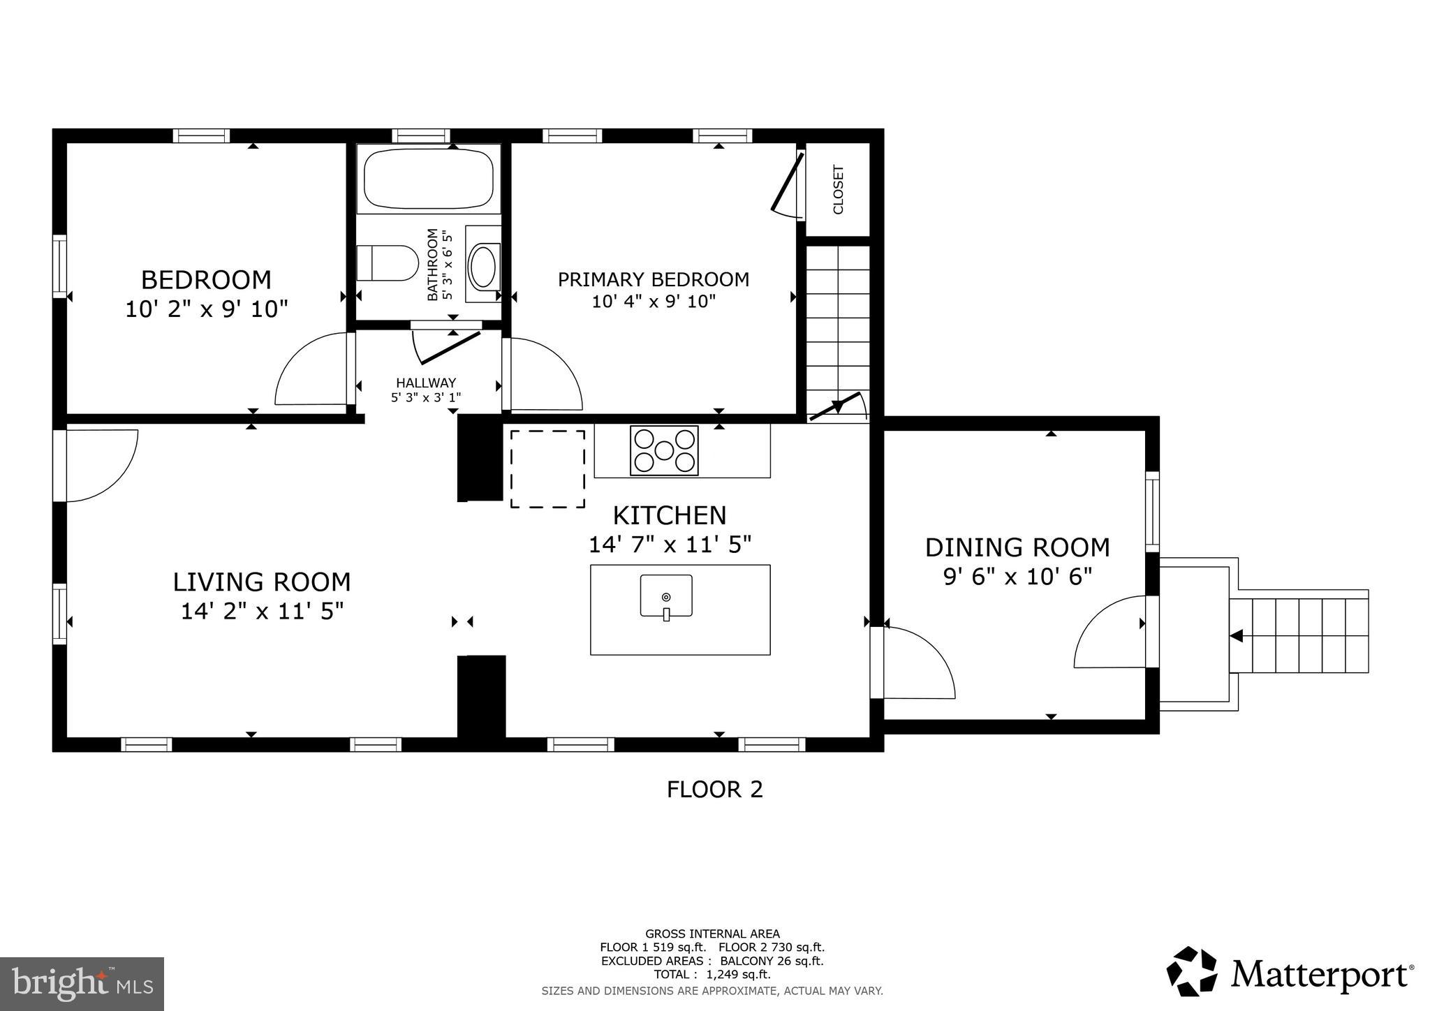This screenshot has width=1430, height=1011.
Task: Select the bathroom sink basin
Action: click(483, 267)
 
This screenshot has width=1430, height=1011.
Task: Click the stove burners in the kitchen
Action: click(664, 451)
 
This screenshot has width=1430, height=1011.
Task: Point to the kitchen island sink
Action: click(666, 596)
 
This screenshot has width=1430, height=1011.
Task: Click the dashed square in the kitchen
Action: click(547, 468)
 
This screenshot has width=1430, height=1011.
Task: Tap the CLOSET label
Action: click(839, 189)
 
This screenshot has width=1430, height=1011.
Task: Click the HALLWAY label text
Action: click(426, 383)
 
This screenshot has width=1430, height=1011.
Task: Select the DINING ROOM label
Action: click(1017, 547)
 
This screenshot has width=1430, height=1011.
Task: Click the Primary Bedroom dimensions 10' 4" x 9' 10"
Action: click(654, 302)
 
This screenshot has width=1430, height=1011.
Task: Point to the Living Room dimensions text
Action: click(262, 612)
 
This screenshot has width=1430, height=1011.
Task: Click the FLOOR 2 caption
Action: click(714, 790)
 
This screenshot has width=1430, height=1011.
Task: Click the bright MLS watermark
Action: click(82, 984)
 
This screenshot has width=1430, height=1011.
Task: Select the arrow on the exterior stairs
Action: click(1236, 636)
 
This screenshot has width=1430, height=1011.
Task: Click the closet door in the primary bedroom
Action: click(786, 183)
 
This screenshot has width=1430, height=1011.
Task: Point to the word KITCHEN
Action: click(669, 516)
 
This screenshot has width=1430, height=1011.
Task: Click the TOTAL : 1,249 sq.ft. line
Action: click(712, 975)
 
